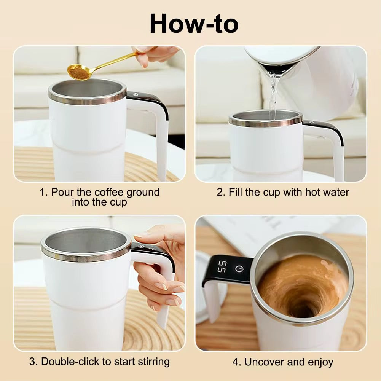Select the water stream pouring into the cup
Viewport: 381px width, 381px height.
point(273,95)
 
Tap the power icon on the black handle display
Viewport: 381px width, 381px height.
point(239,269)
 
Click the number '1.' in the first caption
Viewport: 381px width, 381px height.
point(44,192)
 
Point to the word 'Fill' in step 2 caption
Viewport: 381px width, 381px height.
point(236,192)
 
